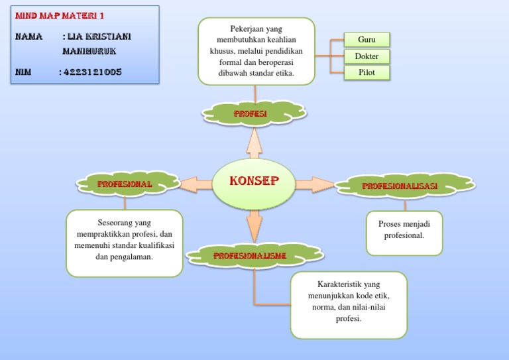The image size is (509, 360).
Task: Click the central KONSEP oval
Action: point(254,182)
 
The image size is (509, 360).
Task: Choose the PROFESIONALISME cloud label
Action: point(249,255)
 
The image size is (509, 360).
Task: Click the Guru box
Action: point(367,40)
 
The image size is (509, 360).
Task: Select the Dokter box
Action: point(367,56)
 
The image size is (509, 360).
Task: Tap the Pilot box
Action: point(367,72)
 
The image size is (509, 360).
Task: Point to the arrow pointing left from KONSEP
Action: point(195,184)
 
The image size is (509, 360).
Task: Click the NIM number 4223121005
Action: point(91,72)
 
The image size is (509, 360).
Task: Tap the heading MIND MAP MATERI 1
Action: point(60,15)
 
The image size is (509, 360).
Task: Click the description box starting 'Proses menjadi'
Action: point(404,233)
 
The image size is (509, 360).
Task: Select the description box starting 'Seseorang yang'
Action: point(125,243)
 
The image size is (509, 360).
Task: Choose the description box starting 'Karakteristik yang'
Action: point(349,305)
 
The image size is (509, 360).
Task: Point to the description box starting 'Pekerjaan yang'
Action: point(256,51)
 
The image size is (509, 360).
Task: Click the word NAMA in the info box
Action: point(29,36)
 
